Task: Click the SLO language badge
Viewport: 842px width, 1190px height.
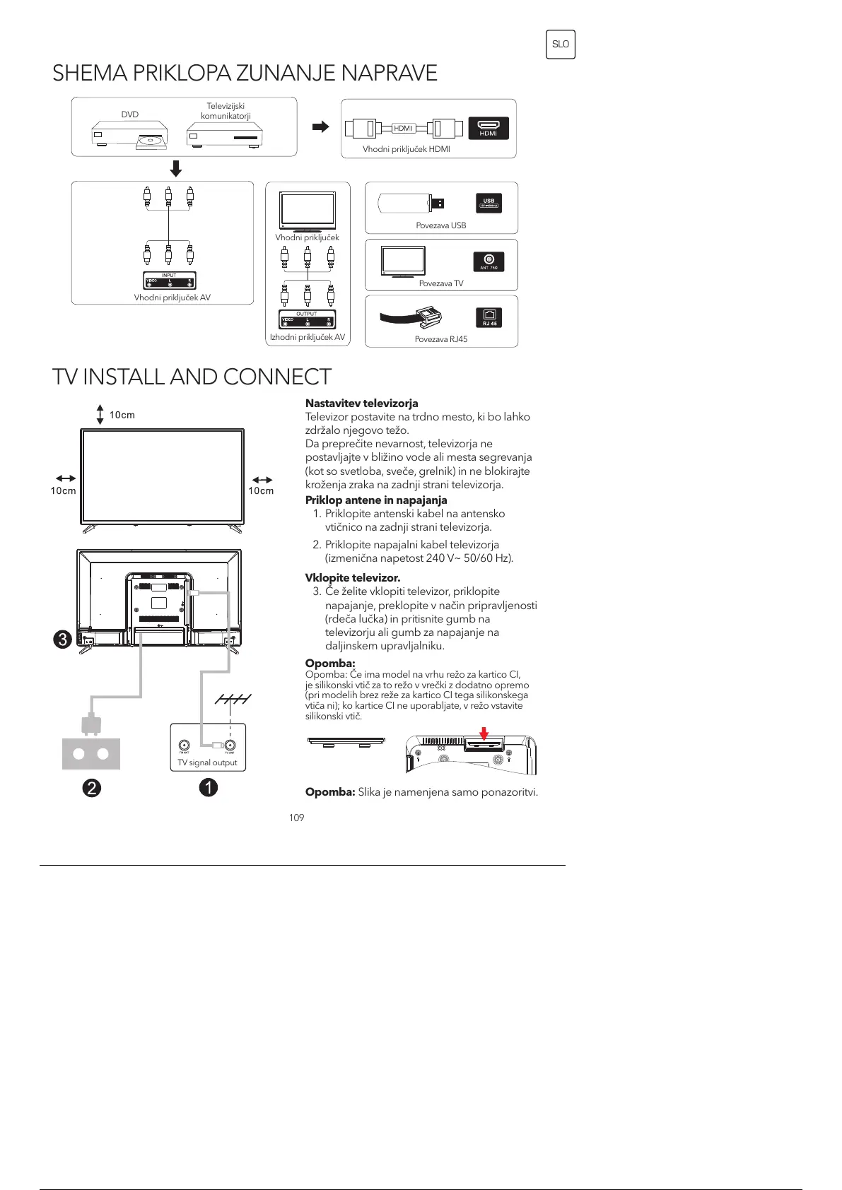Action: tap(560, 45)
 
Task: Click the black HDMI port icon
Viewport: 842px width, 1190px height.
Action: tap(489, 128)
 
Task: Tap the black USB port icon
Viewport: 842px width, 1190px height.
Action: tap(489, 204)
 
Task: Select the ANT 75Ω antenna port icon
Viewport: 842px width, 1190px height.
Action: tap(489, 261)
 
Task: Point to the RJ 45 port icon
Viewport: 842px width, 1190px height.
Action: tap(489, 317)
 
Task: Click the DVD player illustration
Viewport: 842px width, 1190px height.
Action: tap(130, 136)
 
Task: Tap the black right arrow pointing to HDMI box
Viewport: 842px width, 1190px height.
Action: tap(321, 127)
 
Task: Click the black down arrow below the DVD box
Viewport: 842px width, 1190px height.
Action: tap(176, 168)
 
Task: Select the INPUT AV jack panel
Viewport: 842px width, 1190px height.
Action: tap(169, 281)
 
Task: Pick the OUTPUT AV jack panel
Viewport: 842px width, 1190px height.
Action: tap(307, 319)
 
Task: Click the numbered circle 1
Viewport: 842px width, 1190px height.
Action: tap(208, 787)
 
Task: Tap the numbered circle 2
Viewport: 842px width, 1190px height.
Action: tap(91, 787)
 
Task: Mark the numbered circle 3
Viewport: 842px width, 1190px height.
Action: tap(63, 640)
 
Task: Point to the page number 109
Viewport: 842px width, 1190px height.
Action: tap(296, 818)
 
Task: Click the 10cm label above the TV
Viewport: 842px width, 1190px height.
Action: tap(122, 415)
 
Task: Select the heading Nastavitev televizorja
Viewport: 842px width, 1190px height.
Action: tap(361, 403)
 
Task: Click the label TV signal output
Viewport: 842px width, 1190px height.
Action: tap(207, 762)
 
